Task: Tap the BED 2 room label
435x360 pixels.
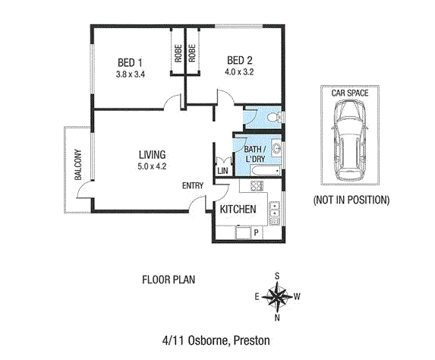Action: click(x=239, y=61)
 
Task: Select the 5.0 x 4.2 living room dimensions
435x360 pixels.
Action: click(x=152, y=166)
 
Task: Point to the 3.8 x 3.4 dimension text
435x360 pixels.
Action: click(x=131, y=74)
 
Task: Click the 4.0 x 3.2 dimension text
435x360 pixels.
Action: click(x=239, y=73)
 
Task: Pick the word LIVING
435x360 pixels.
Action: click(x=152, y=155)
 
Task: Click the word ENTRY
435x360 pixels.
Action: click(x=193, y=186)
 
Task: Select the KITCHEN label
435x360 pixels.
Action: click(x=238, y=210)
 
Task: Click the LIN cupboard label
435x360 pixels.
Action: click(x=222, y=172)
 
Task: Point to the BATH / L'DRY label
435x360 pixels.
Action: click(x=254, y=155)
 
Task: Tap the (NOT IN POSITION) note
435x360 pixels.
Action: click(x=351, y=201)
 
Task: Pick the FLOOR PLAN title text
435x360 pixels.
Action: click(x=169, y=279)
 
